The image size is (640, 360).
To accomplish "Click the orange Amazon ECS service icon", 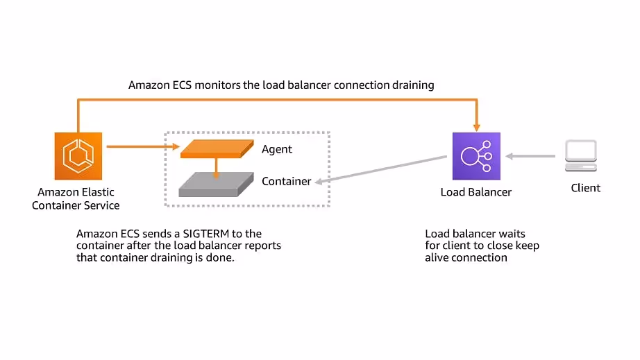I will point(78,156).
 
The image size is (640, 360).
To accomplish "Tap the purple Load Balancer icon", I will point(476,156).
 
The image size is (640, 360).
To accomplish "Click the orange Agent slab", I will point(216,148).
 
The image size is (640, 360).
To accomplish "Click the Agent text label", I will point(277,149).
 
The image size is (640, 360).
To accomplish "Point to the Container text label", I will point(286,181).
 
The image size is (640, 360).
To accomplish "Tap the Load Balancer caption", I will point(476,192).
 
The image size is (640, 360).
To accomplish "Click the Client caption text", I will point(585,188).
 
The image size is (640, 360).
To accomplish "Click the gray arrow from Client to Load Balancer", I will point(530,156).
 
